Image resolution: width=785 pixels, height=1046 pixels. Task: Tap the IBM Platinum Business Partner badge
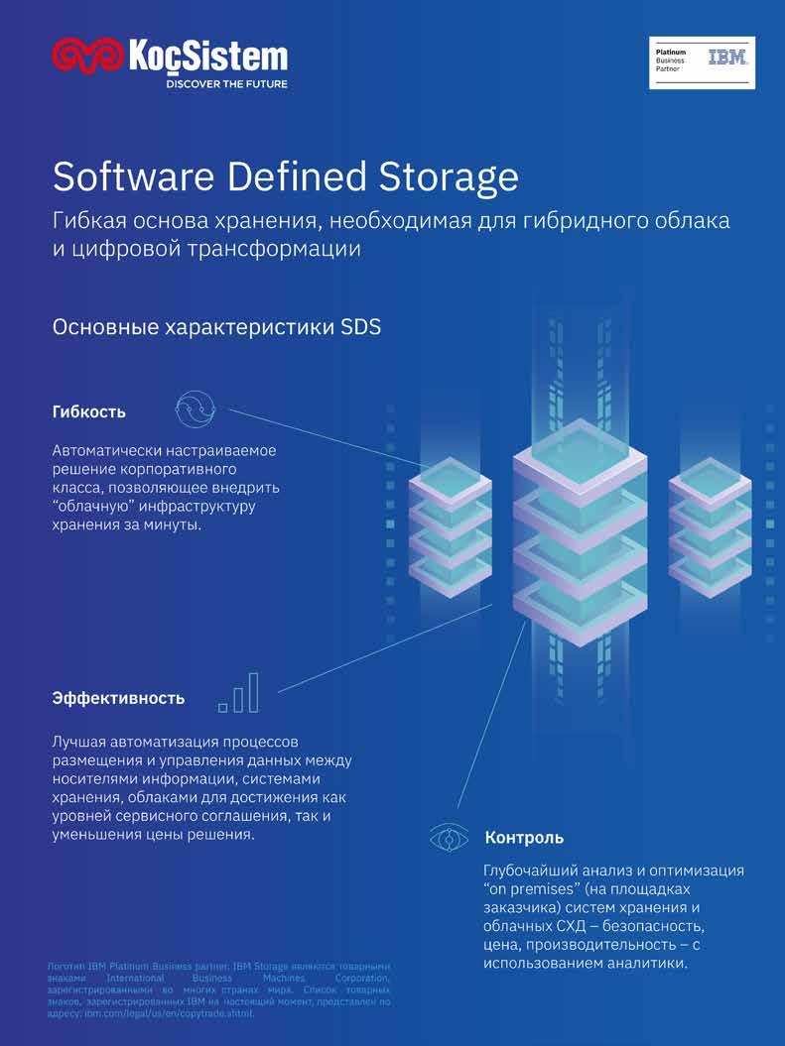[702, 62]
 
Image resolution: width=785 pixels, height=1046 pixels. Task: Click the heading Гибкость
[88, 410]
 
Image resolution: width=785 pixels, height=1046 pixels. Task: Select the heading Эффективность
[118, 698]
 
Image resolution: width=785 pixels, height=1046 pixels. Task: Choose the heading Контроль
[524, 838]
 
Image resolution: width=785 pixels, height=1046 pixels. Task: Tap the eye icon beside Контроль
[449, 838]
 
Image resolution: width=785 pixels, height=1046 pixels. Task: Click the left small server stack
[450, 525]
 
